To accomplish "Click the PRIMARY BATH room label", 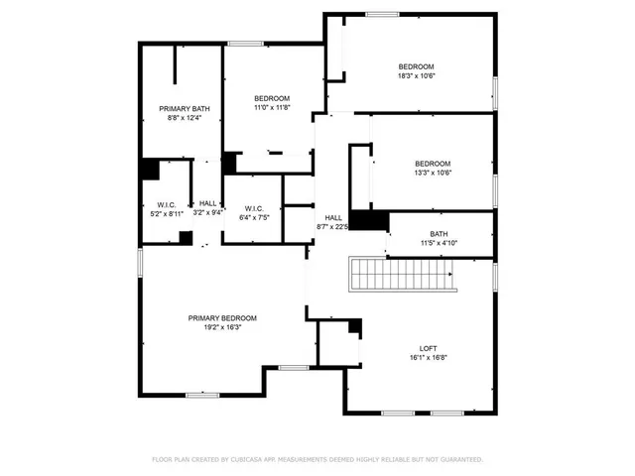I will point(185,108).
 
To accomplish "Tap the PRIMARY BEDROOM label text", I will point(222,317).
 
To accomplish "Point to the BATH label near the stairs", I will point(439,234).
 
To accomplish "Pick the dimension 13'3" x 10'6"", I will point(432,173).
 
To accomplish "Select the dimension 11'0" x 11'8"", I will point(271,108).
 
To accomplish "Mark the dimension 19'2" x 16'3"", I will point(222,327).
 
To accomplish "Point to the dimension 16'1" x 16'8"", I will point(428,357).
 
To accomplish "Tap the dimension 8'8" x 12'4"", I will point(185,118).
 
